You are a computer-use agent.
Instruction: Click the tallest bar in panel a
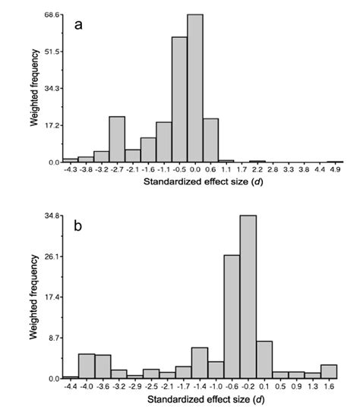coord(195,88)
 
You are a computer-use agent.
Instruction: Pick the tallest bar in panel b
coord(248,297)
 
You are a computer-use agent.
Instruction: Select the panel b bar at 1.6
coord(329,371)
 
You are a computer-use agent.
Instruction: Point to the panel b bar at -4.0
coord(86,366)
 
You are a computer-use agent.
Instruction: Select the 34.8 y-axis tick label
coord(52,216)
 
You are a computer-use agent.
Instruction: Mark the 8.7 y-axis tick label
coord(55,338)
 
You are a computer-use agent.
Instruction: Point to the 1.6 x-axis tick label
coord(329,387)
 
